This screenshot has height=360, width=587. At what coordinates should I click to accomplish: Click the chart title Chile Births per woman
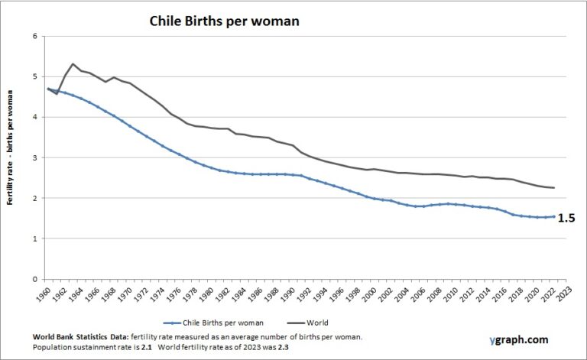[x=223, y=21]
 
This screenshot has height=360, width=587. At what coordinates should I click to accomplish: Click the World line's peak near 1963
[x=73, y=64]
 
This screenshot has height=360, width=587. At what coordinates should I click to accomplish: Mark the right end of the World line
[x=554, y=188]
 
